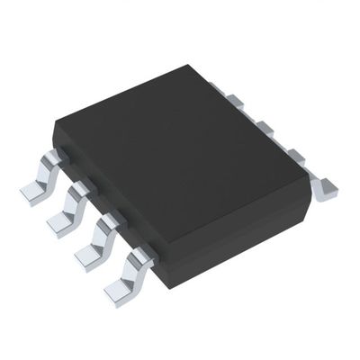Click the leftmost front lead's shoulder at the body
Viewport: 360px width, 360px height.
point(56,158)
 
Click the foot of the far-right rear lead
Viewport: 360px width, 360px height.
point(327,187)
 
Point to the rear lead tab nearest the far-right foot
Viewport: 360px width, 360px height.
point(295,156)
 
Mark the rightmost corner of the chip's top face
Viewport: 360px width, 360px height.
point(309,176)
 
